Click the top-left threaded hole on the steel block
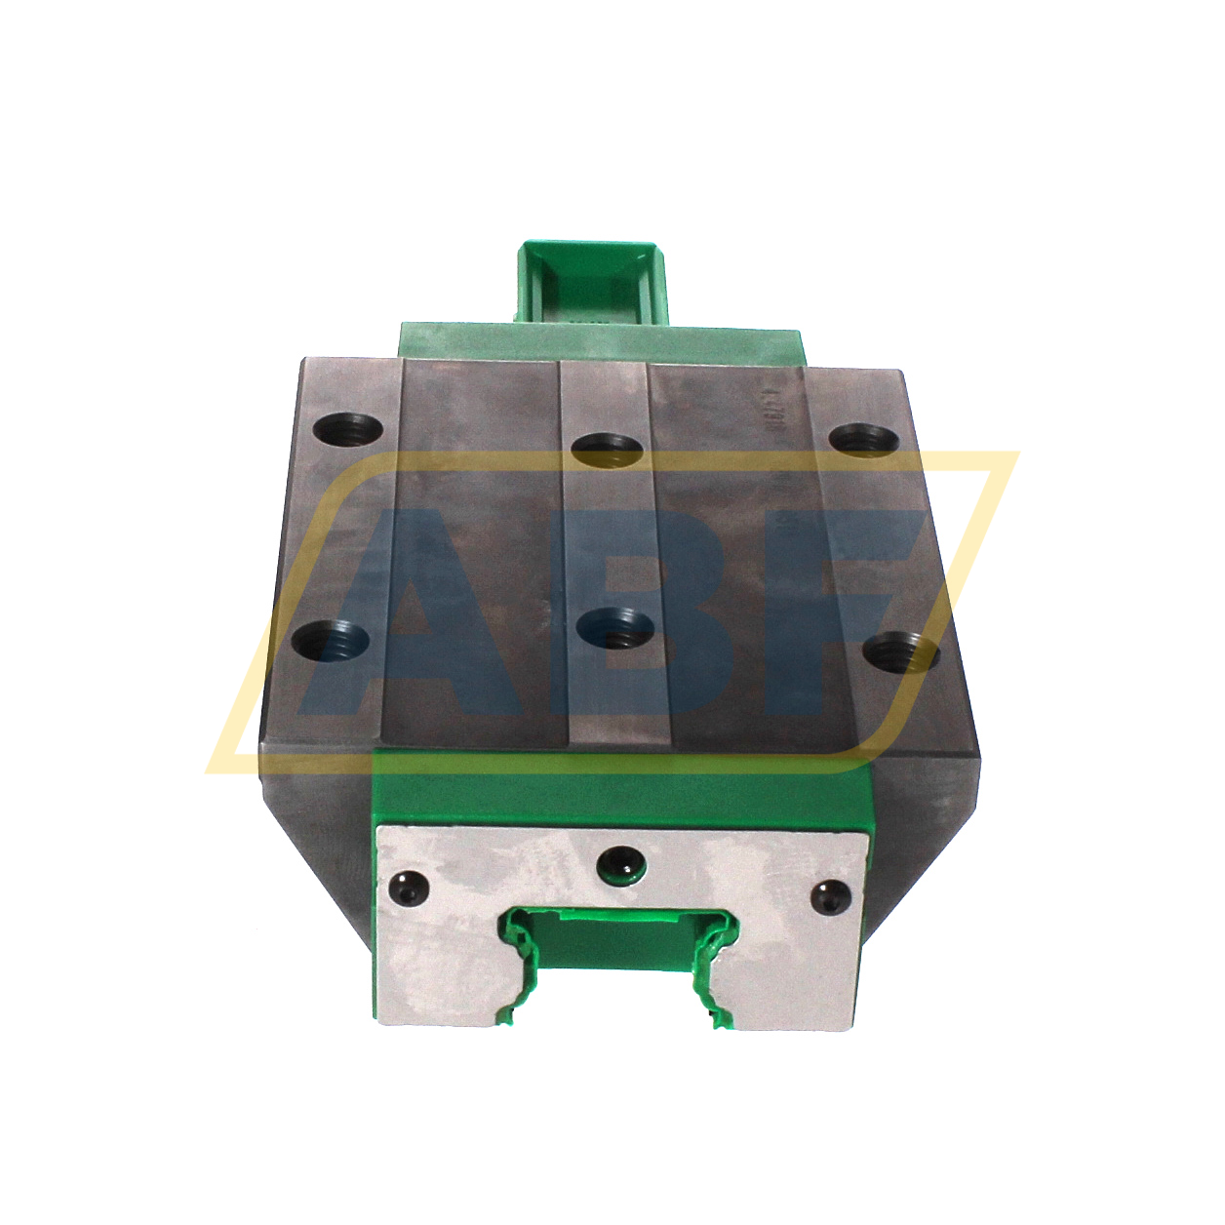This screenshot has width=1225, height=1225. [348, 428]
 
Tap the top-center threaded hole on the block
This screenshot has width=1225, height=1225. [607, 449]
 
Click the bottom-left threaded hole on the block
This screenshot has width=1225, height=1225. [332, 640]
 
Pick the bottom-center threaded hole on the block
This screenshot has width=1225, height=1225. [615, 629]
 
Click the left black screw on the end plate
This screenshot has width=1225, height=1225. [408, 888]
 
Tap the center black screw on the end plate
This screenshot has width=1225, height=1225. [620, 862]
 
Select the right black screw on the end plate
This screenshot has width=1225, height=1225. [831, 893]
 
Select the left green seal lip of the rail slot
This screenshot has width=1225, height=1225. [520, 966]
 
